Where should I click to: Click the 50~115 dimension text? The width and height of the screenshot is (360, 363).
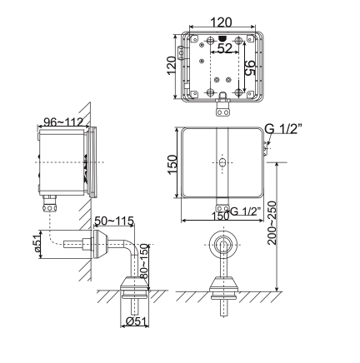[113, 221]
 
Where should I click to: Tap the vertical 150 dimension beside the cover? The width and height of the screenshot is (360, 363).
[172, 162]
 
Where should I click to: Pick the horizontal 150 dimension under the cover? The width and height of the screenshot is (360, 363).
[218, 215]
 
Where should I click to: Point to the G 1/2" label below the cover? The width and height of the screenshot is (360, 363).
[245, 210]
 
